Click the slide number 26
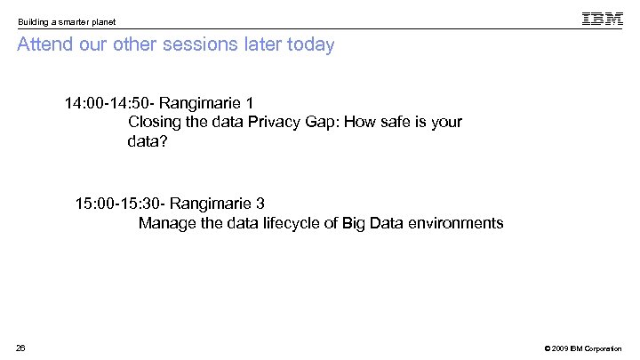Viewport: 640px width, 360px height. click(x=21, y=347)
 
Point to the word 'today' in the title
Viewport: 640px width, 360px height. click(x=309, y=44)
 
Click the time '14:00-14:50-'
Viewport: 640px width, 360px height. click(x=110, y=103)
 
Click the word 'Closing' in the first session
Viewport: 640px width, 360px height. click(x=155, y=123)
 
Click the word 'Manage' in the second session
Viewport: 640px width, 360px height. click(x=166, y=223)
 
